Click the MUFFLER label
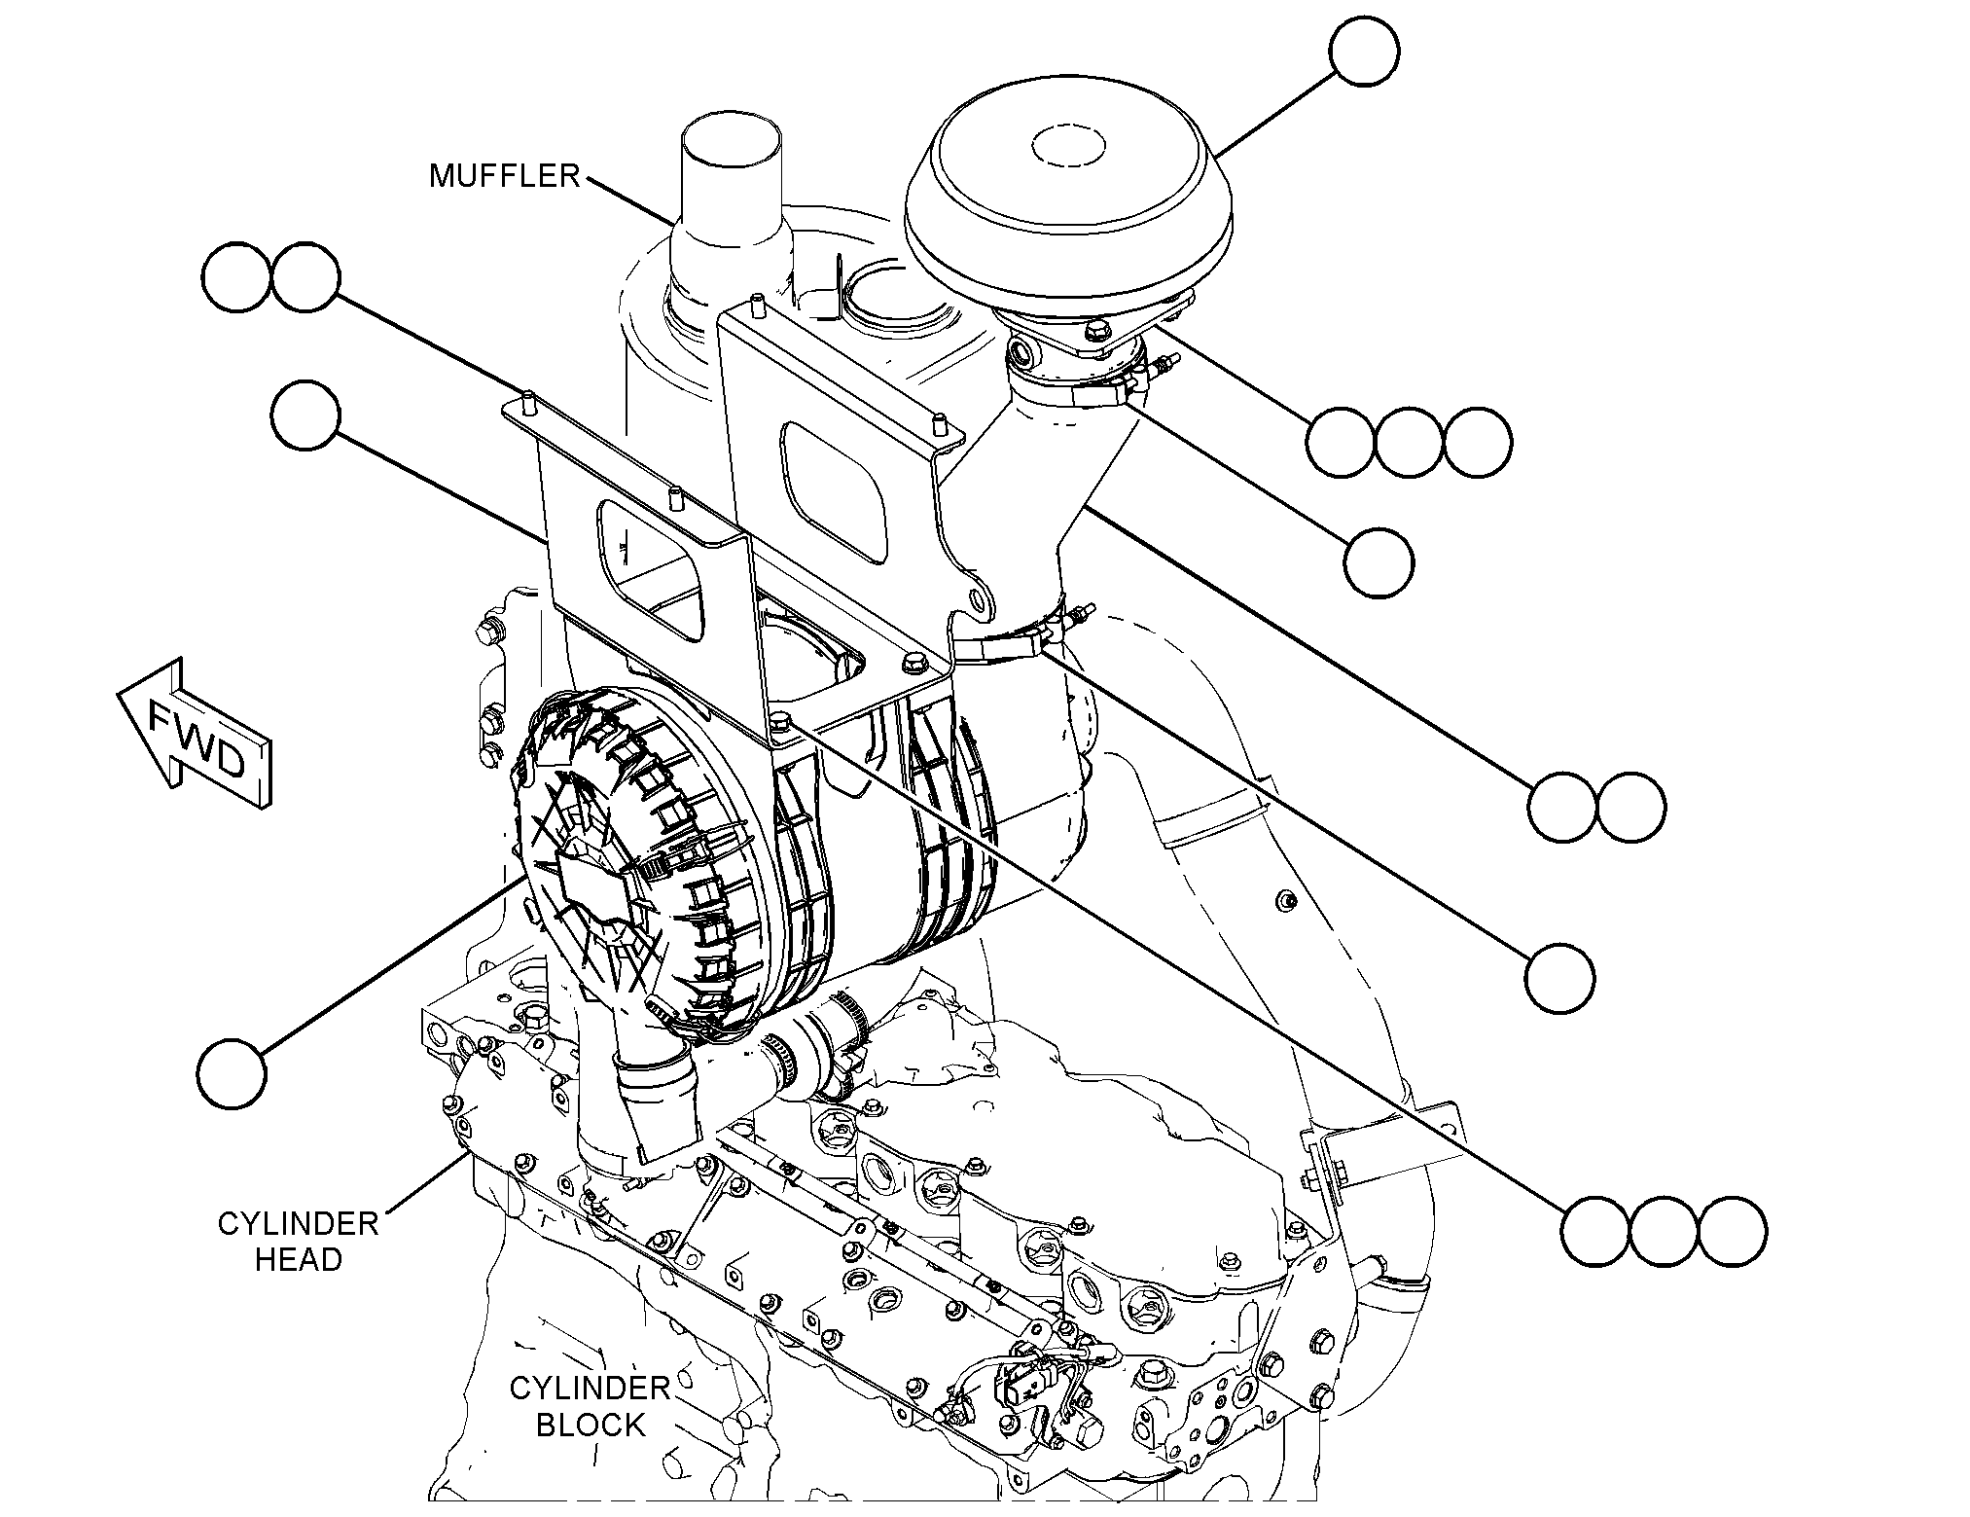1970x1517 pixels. pos(504,175)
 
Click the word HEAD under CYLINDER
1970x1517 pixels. pos(298,1259)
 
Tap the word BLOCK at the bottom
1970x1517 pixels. pos(591,1425)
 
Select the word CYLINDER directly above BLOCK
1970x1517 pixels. pos(590,1388)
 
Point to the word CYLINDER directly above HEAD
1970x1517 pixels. pos(298,1223)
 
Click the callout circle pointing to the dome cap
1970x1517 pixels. pos(1365,50)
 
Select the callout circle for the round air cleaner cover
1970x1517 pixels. pos(231,1071)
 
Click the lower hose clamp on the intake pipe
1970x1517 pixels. pos(1012,637)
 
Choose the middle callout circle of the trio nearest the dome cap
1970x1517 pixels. pos(1410,442)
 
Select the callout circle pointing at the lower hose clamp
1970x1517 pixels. pos(1559,978)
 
